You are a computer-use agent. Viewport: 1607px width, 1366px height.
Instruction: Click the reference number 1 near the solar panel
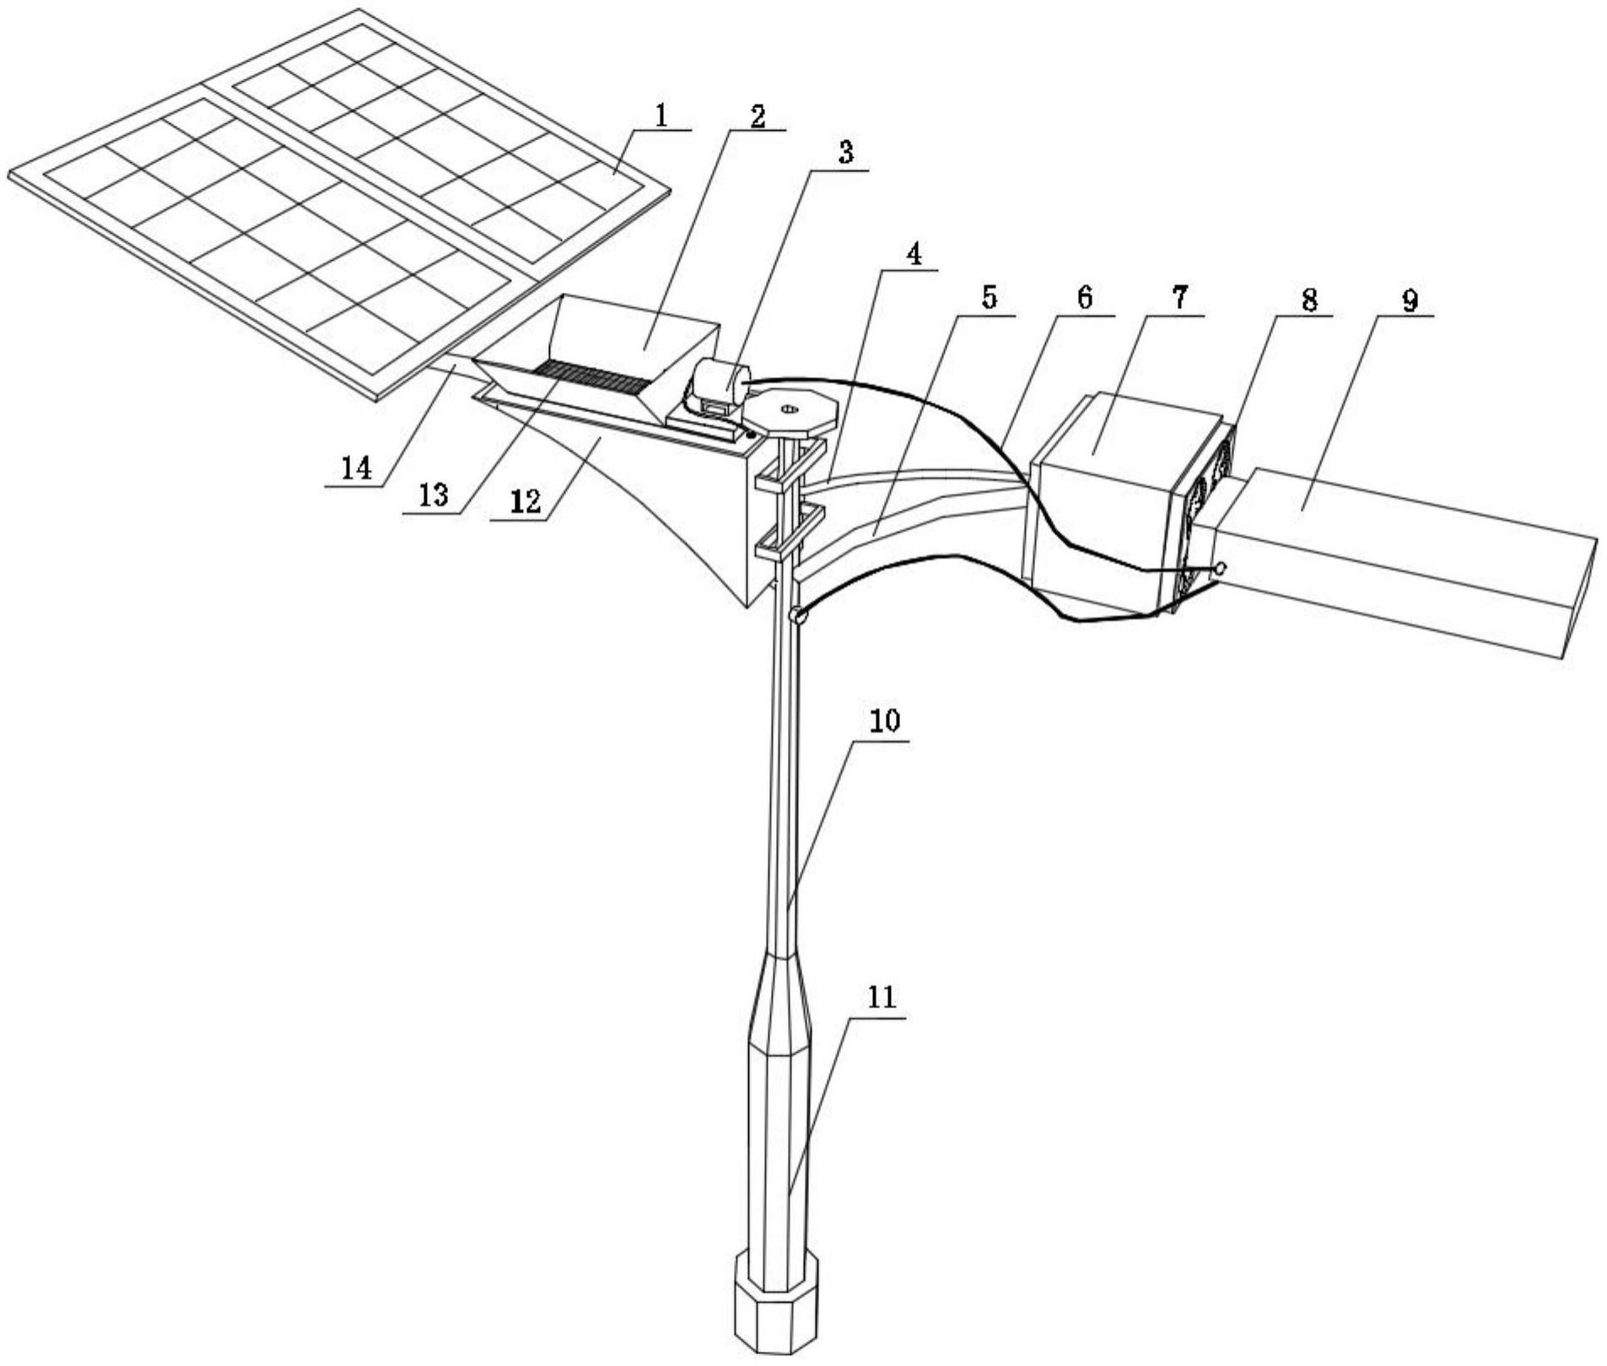pos(662,116)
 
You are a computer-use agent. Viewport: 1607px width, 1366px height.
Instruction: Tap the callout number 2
pos(757,116)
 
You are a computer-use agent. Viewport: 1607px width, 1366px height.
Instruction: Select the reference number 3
pos(844,153)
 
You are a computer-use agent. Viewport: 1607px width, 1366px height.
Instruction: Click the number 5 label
pos(990,297)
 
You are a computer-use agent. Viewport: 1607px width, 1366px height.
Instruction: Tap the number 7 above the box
pos(1178,297)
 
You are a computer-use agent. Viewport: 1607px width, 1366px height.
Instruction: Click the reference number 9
pos(1410,300)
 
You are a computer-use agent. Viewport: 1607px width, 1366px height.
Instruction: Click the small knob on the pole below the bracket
pos(798,617)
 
